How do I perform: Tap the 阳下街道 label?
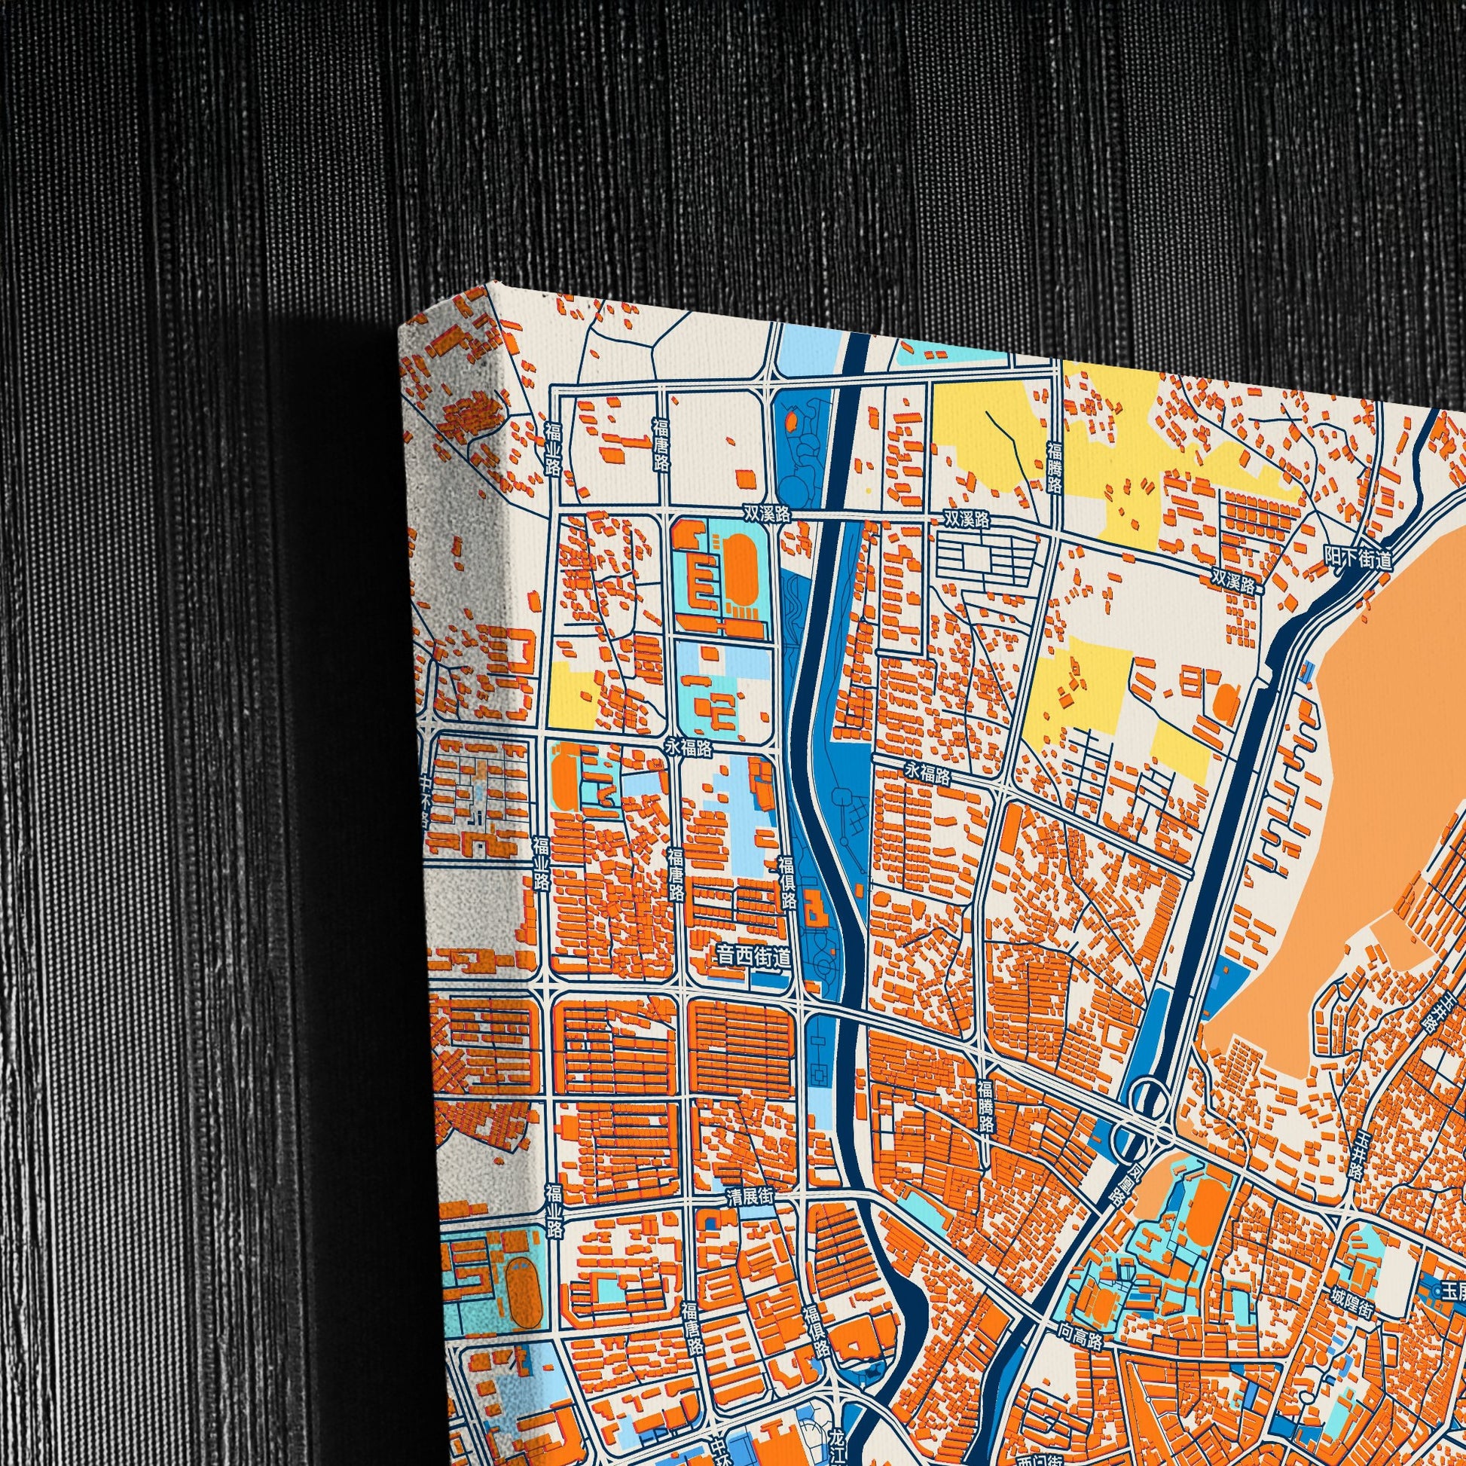(1359, 558)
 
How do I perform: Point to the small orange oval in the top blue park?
(792, 418)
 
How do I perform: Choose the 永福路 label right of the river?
(927, 774)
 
